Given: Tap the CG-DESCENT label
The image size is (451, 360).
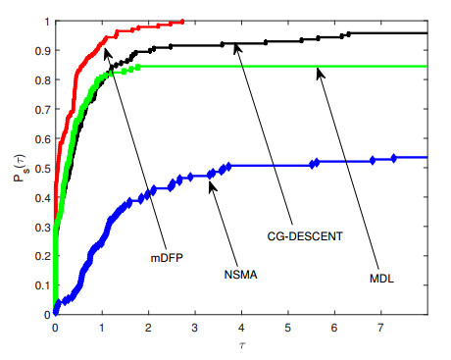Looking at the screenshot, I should pos(306,236).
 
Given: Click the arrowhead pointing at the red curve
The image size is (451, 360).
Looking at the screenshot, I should pos(106,41).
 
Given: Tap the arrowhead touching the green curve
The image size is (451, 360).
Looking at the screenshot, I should pos(318,70).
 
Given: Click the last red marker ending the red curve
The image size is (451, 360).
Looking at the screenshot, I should pos(182,21).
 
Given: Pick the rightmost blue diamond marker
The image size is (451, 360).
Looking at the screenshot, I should pos(394,157).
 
